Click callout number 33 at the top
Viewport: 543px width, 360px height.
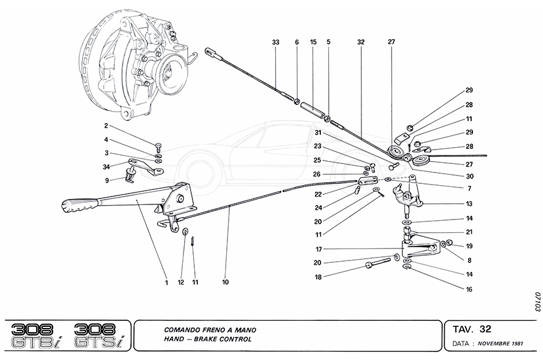276,42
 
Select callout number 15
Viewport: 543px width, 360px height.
313,42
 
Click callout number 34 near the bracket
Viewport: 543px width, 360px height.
106,167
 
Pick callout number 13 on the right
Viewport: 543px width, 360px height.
469,204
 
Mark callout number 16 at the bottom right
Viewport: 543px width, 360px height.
469,289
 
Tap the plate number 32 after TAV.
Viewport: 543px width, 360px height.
485,329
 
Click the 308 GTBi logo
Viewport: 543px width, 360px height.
36,335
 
